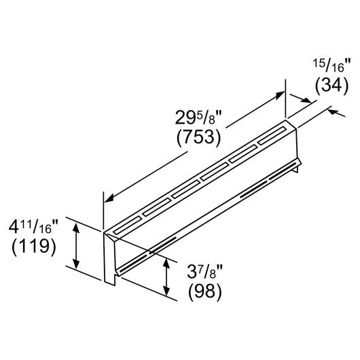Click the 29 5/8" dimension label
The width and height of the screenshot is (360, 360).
(x=198, y=118)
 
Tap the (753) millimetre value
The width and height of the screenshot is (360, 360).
(x=198, y=137)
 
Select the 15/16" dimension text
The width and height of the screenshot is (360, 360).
(x=331, y=66)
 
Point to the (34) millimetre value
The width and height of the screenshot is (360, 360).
(x=331, y=86)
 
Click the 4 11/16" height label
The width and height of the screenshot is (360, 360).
(x=33, y=227)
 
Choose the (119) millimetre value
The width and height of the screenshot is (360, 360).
(x=34, y=247)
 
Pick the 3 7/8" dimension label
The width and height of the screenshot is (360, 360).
(x=204, y=272)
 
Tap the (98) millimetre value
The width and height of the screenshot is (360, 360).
(x=204, y=292)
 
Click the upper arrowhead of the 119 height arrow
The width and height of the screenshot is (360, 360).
(x=76, y=228)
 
